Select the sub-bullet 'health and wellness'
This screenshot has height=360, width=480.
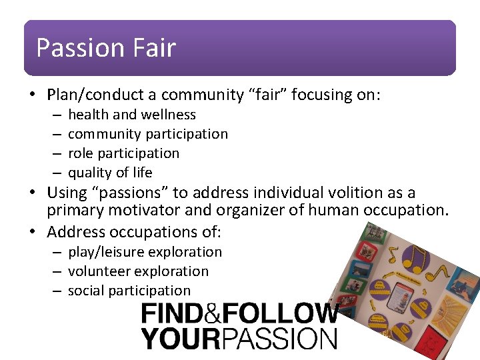pyautogui.click(x=132, y=115)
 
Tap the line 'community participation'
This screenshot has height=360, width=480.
pyautogui.click(x=148, y=134)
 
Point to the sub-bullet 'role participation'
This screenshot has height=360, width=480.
pyautogui.click(x=124, y=153)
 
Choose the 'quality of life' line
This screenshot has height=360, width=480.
pyautogui.click(x=110, y=173)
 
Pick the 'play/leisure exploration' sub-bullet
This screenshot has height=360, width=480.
pyautogui.click(x=145, y=252)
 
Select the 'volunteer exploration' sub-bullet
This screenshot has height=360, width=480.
pyautogui.click(x=138, y=271)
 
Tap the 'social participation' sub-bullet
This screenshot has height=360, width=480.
pyautogui.click(x=129, y=291)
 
